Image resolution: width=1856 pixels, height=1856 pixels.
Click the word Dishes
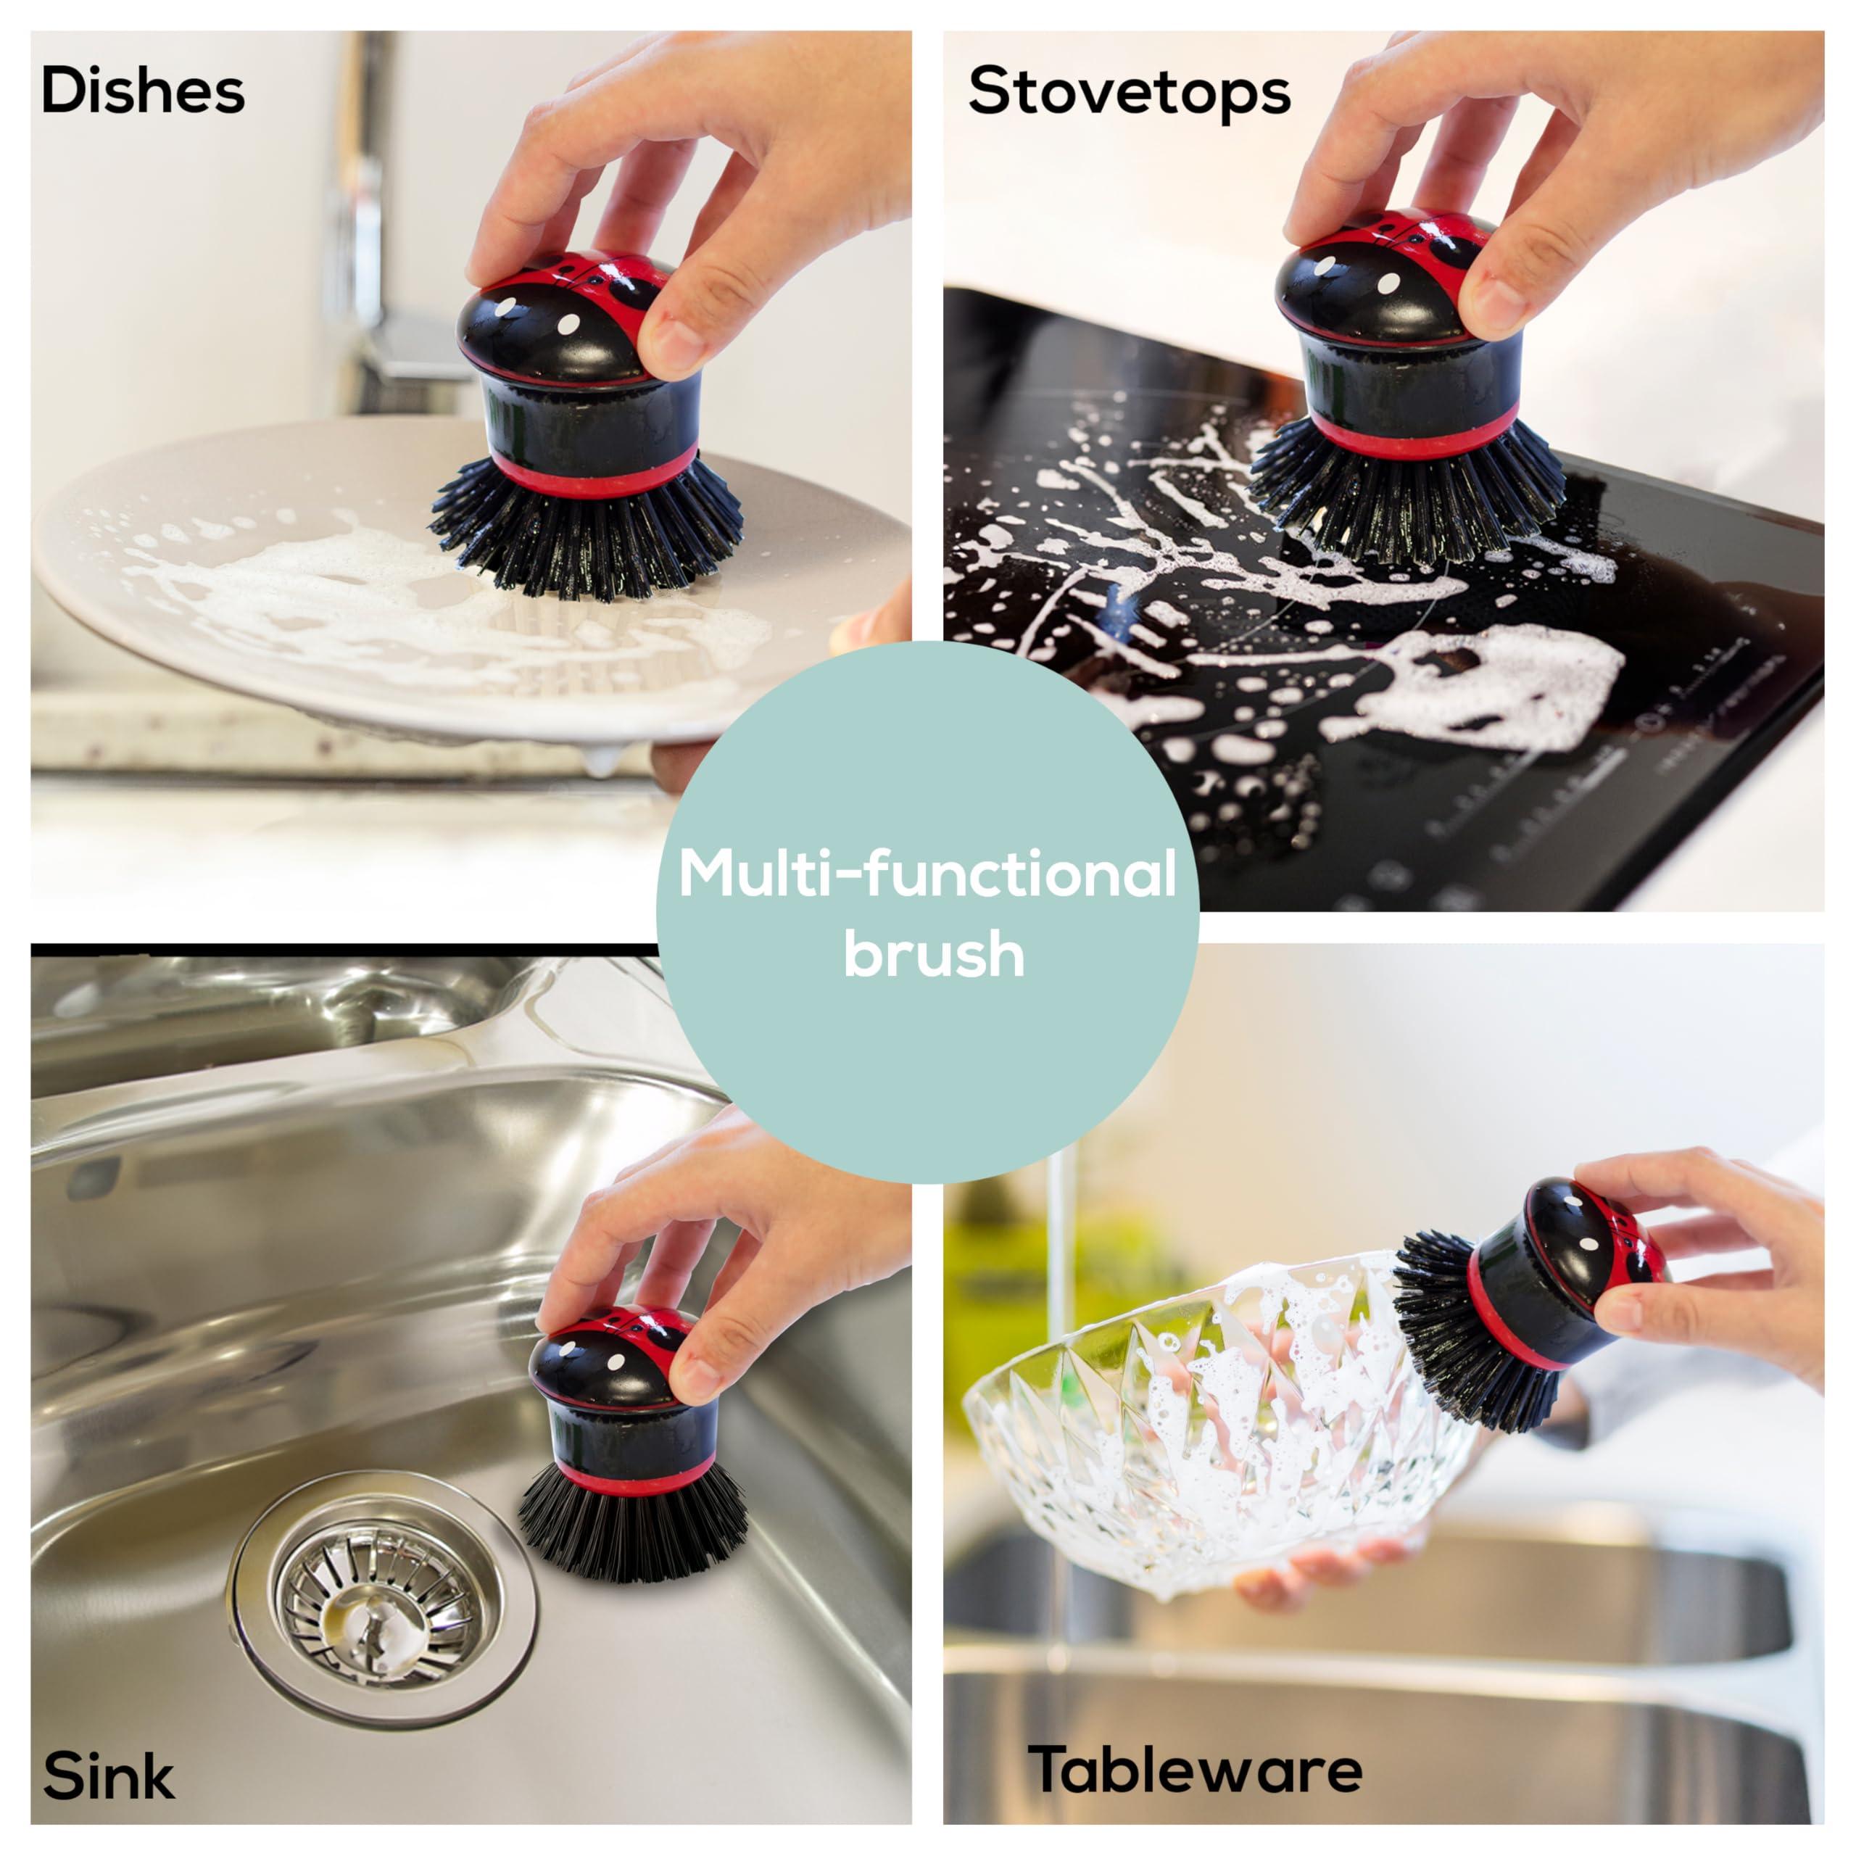coord(142,92)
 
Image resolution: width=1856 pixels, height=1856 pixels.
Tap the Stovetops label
coord(1129,92)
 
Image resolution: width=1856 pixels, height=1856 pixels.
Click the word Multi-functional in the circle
coord(927,875)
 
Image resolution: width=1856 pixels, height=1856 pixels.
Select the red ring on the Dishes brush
coord(591,476)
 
